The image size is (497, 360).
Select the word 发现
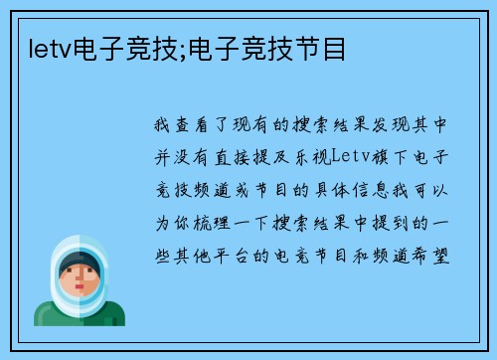coord(392,126)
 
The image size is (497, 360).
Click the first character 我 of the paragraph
coord(163,126)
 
